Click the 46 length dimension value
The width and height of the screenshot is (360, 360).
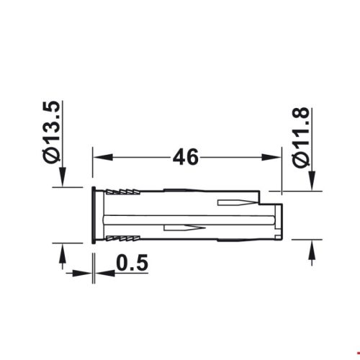[x=186, y=156]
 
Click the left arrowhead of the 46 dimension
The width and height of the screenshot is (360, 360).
[x=101, y=157]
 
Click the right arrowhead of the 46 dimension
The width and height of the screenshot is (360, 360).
[x=274, y=157]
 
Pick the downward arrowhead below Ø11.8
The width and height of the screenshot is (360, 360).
[x=311, y=184]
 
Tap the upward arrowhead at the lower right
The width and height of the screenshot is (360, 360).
[x=311, y=249]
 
